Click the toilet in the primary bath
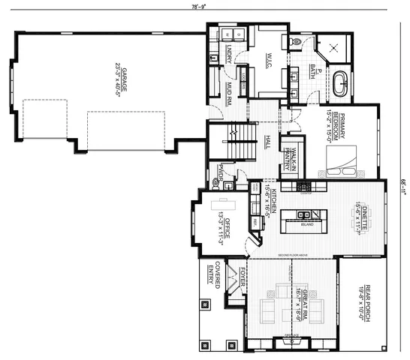297,42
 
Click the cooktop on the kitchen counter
303,185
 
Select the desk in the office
222,205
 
